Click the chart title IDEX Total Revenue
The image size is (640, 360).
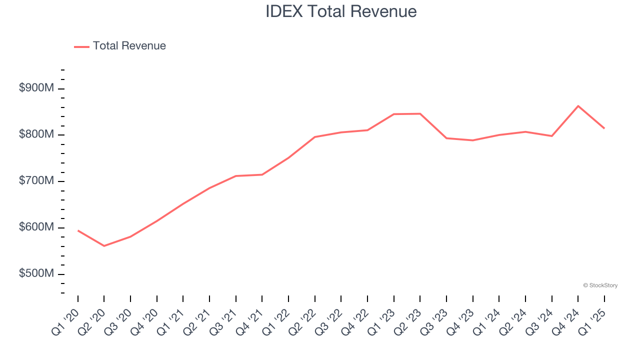tap(341, 11)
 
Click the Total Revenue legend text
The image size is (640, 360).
tap(129, 46)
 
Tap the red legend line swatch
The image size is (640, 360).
tap(81, 46)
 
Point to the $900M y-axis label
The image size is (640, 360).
tap(36, 88)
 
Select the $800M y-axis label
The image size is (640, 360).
tap(36, 134)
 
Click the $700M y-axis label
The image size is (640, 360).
tap(36, 180)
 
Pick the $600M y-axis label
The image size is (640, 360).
tap(36, 227)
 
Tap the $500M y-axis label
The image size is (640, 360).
tap(36, 273)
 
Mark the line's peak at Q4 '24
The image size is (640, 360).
tap(578, 106)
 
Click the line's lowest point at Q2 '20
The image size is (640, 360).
tap(104, 246)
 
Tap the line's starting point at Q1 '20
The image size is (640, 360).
tap(78, 230)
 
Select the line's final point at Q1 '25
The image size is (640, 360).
tap(604, 128)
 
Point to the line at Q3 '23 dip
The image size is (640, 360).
tap(446, 138)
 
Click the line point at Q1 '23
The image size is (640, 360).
tap(394, 114)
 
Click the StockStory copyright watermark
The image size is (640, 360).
tap(600, 285)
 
